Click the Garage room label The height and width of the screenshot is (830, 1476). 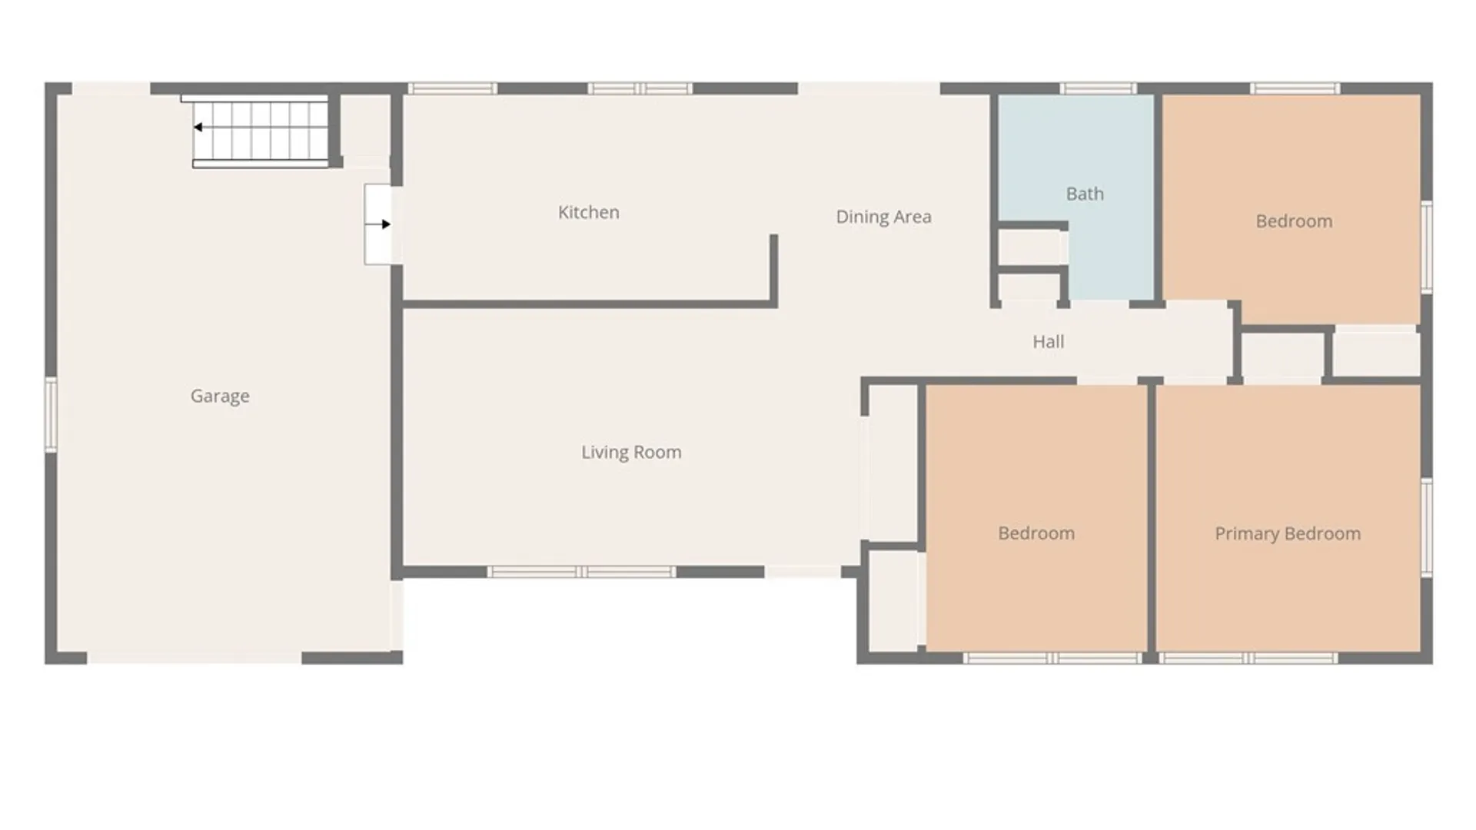[x=220, y=397]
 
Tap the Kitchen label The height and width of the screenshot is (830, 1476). [x=589, y=212]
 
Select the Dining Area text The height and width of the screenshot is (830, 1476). [x=883, y=217]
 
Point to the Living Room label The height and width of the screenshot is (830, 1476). [x=631, y=452]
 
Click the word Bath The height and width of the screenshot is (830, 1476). [x=1085, y=194]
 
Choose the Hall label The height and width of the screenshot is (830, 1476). [x=1049, y=342]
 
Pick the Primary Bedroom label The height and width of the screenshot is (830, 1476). [x=1288, y=533]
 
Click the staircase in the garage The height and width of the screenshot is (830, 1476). [x=261, y=131]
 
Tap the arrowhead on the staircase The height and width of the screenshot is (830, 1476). [x=198, y=128]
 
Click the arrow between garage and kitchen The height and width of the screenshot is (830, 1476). [x=377, y=224]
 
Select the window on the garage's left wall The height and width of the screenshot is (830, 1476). [x=51, y=415]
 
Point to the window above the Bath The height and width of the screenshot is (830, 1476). [x=1098, y=88]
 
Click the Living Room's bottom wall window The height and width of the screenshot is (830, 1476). [x=582, y=572]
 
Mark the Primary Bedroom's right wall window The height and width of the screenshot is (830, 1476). [x=1427, y=527]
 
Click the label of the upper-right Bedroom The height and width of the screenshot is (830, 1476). [x=1294, y=221]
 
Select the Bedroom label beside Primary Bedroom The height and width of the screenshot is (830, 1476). [x=1036, y=533]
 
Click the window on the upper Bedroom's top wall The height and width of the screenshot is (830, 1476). [x=1295, y=88]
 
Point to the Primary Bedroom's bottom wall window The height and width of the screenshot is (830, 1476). [x=1248, y=658]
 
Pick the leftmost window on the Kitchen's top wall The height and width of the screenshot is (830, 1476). [x=452, y=88]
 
